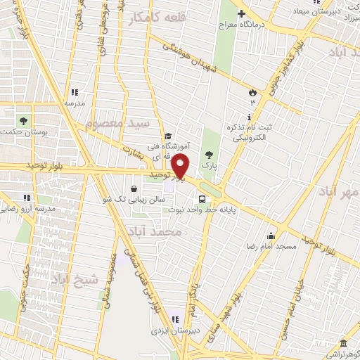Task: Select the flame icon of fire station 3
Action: tap(252, 92)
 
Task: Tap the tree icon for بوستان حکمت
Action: tap(22, 120)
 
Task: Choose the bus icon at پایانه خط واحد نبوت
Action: tap(202, 199)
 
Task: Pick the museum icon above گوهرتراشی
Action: tap(342, 344)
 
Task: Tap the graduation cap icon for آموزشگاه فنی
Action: tap(167, 136)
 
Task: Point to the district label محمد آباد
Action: tap(155, 231)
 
